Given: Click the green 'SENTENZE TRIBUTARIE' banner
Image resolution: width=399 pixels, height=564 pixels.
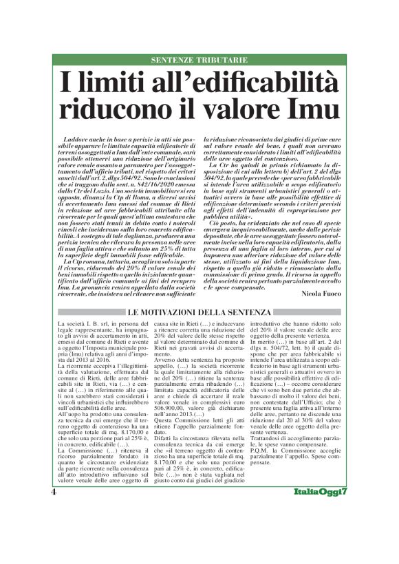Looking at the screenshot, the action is pyautogui.click(x=199, y=61).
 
